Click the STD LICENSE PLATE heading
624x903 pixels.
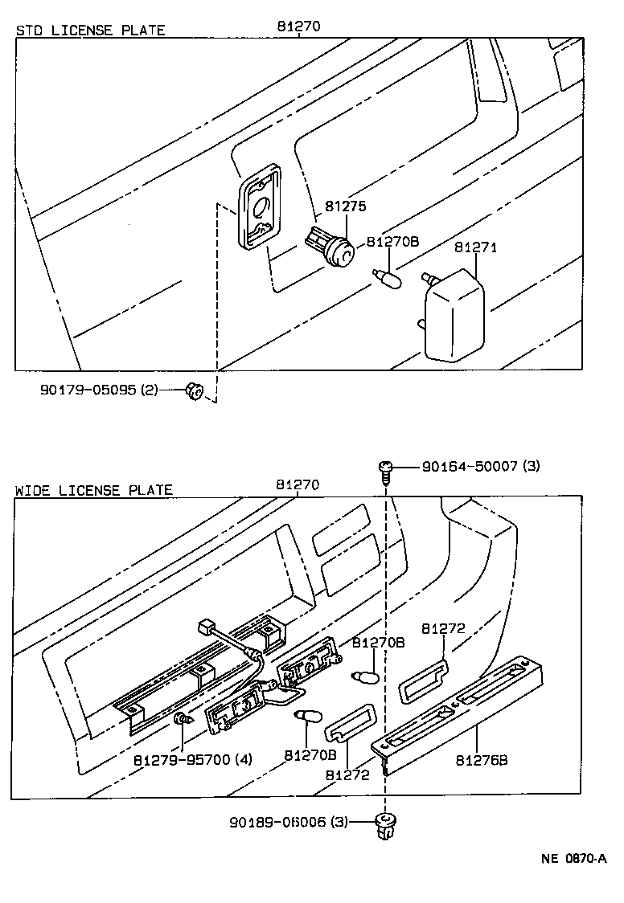[90, 30]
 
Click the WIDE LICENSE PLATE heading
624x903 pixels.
[93, 489]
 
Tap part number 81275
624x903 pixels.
[346, 206]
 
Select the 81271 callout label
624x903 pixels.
[475, 247]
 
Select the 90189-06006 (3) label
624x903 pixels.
[289, 822]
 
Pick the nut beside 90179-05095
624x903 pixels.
[193, 391]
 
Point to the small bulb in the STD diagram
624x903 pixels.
[386, 282]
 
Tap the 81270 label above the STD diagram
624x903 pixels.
[298, 26]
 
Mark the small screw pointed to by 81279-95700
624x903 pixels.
[183, 720]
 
